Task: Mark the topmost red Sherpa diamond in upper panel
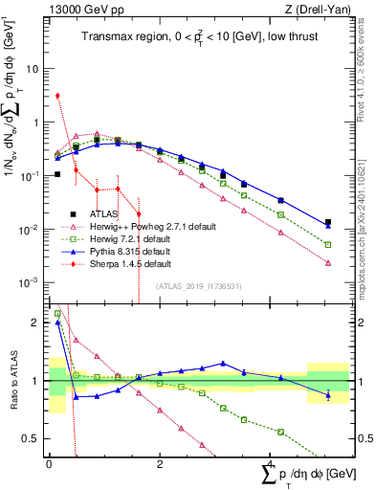[x=58, y=96]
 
